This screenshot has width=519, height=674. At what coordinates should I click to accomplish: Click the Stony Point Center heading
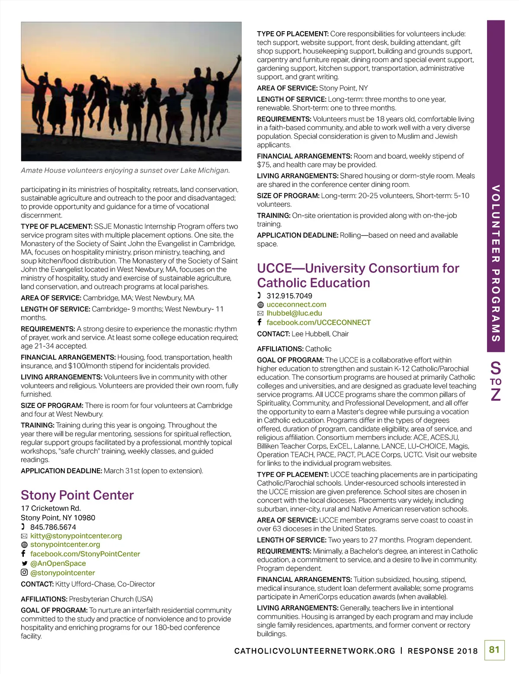click(x=77, y=495)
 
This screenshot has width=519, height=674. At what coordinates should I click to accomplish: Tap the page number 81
click(x=494, y=649)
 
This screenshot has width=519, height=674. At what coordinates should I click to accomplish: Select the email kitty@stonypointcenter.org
click(x=76, y=536)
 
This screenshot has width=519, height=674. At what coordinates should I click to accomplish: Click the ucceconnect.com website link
click(x=296, y=305)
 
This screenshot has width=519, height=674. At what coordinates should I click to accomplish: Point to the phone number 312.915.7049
click(x=289, y=296)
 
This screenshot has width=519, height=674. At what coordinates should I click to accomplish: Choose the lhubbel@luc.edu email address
click(x=294, y=313)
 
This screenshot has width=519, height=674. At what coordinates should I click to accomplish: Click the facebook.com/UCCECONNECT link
click(x=318, y=322)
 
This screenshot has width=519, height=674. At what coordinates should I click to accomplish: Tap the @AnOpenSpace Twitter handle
click(x=58, y=563)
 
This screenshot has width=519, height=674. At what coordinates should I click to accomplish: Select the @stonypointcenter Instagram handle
click(x=63, y=573)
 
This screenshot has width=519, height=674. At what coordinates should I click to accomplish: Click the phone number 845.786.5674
click(x=53, y=527)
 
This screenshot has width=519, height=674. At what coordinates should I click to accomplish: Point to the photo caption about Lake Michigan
click(x=125, y=170)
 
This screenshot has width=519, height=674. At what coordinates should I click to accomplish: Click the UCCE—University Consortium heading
click(x=358, y=276)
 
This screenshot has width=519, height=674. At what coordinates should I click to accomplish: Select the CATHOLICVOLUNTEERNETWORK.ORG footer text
click(x=314, y=651)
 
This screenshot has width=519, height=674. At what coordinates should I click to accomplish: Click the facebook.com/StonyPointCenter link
click(x=85, y=554)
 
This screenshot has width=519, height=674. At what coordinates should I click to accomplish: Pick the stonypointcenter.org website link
click(x=65, y=544)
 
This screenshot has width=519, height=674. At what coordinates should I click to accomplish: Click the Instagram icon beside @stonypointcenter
click(x=24, y=573)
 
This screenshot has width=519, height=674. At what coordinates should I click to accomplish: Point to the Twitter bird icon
click(x=24, y=564)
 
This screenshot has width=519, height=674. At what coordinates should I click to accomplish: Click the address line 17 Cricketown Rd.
click(x=51, y=508)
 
